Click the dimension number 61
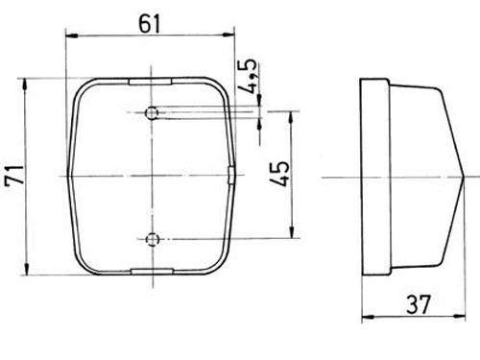pos(149,24)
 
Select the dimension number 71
pos(14,175)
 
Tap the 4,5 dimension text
pos(247,76)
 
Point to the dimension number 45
pos(279,174)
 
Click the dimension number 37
pos(419,304)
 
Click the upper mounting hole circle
pos(152,112)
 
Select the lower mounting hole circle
pos(153,239)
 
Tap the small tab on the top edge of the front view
pos(151,82)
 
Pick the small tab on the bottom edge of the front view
pos(153,272)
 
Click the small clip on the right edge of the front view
pos(230,175)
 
